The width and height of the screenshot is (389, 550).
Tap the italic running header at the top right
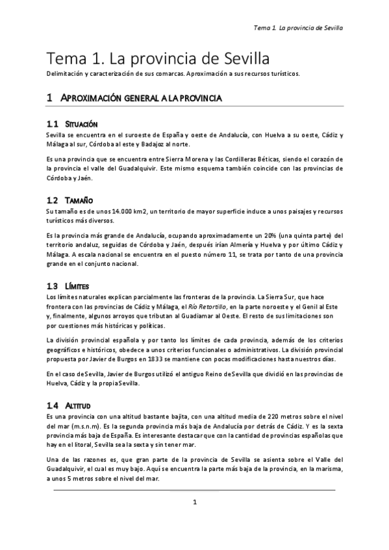(x=297, y=29)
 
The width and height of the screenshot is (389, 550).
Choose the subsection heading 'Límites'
(x=77, y=286)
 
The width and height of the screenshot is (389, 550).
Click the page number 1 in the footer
(x=194, y=501)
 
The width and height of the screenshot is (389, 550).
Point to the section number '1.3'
(x=53, y=286)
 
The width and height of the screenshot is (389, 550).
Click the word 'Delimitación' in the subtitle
(x=66, y=74)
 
